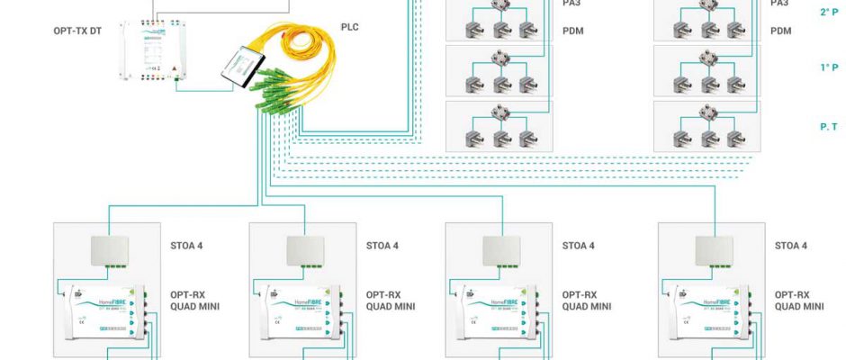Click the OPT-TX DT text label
(x=79, y=31)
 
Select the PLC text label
(x=349, y=27)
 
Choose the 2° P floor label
(x=829, y=13)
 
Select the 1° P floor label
(x=829, y=67)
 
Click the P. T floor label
(x=829, y=128)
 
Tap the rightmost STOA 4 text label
(x=790, y=246)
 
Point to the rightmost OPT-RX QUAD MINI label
(x=798, y=300)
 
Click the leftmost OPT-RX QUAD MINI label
(x=194, y=300)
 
